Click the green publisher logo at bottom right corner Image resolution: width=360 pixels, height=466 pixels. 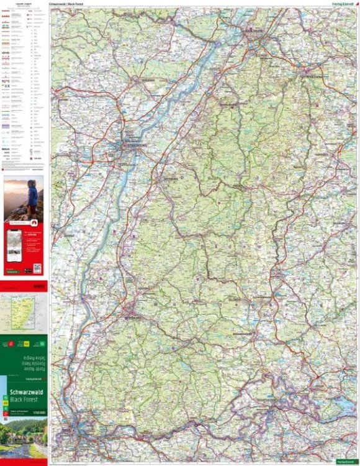pyautogui.click(x=345, y=462)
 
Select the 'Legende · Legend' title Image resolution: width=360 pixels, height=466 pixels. pyautogui.click(x=24, y=4)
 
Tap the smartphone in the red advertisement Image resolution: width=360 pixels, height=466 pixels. pyautogui.click(x=14, y=245)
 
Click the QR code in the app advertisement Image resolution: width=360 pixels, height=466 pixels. pyautogui.click(x=37, y=268)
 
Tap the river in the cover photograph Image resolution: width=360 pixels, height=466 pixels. pyautogui.click(x=19, y=449)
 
